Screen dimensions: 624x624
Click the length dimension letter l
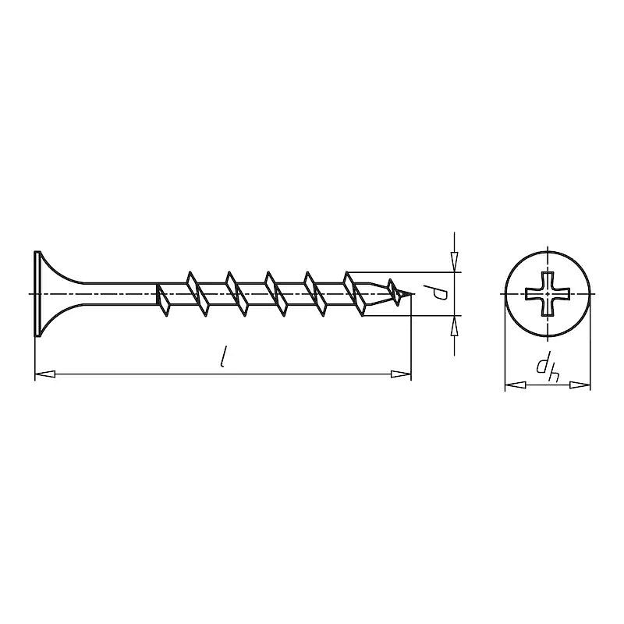tap(224, 356)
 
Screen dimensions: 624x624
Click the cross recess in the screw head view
tap(548, 295)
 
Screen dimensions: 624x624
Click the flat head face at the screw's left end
tap(37, 294)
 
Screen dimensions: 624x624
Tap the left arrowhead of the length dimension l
tap(44, 374)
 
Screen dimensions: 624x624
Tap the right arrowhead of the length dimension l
tap(401, 374)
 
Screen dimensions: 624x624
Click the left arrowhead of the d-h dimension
tap(516, 385)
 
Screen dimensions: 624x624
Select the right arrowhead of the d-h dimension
tap(580, 385)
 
